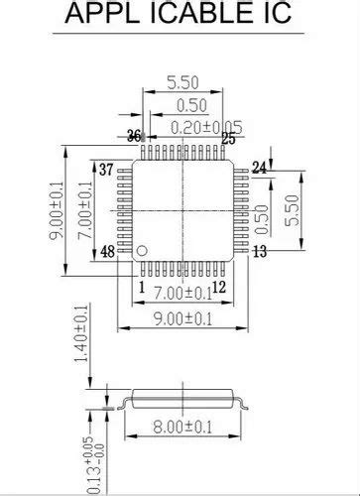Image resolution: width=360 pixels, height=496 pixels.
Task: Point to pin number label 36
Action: (x=135, y=136)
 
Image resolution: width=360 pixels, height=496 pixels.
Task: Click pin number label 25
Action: (x=228, y=139)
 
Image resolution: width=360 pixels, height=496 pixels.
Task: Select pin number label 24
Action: (x=259, y=169)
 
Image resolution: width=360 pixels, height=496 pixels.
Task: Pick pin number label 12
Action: (x=220, y=287)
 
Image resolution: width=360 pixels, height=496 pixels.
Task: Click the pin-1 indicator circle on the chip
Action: (x=143, y=247)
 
